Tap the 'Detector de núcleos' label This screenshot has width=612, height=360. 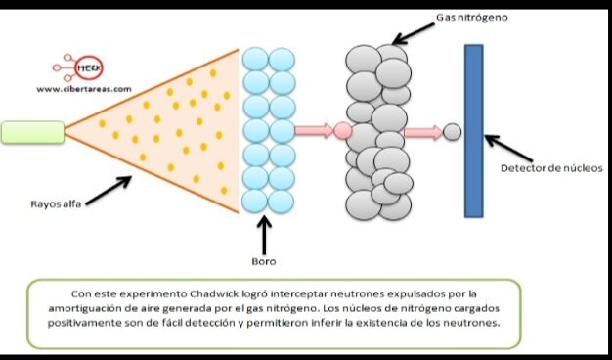[x=545, y=168]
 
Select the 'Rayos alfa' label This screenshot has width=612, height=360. [x=55, y=204]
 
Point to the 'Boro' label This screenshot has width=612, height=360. [x=264, y=261]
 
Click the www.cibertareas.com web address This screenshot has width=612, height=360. [x=83, y=89]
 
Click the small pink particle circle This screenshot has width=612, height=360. [x=342, y=129]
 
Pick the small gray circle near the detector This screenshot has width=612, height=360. [x=451, y=130]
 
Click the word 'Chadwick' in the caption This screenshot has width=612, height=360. [x=204, y=292]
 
